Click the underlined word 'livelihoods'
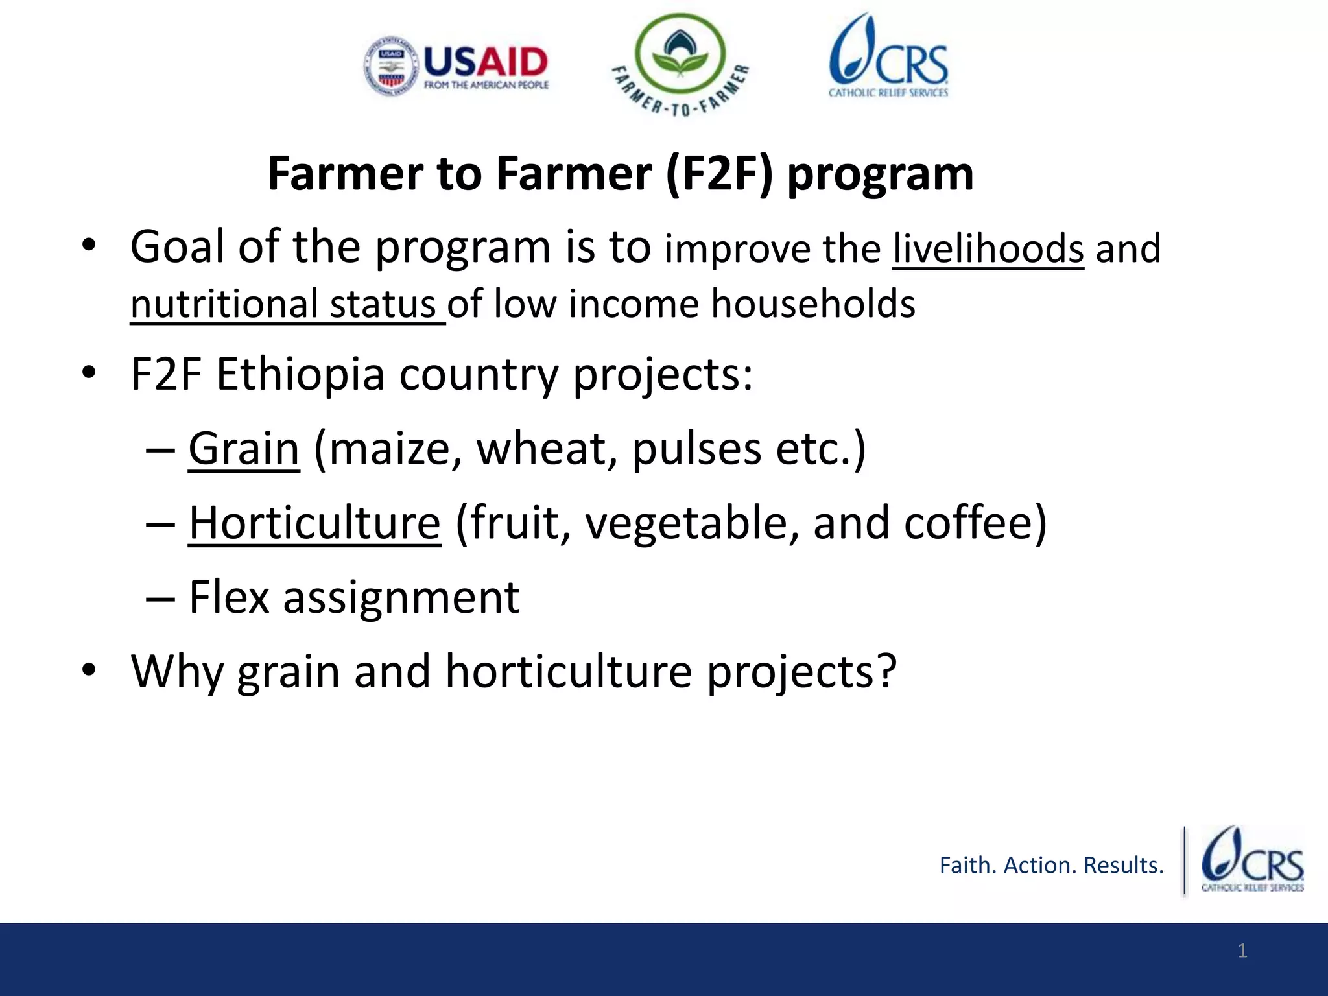point(988,248)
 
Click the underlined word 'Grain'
point(244,449)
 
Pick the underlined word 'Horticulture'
point(314,523)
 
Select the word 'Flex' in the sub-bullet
point(228,597)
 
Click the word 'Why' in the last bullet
point(177,671)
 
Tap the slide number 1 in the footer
point(1242,951)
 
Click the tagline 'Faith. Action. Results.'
point(1051,865)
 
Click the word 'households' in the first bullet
point(812,304)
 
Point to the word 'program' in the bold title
point(880,174)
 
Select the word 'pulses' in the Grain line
point(696,449)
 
